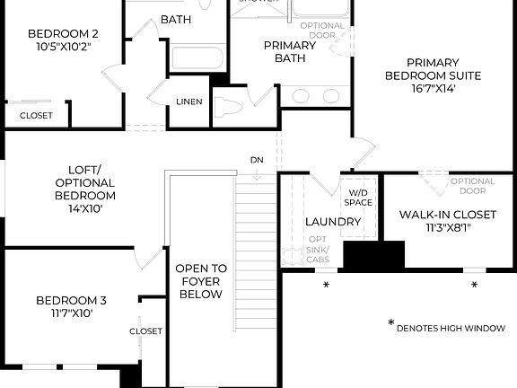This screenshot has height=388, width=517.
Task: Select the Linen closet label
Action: coord(188,101)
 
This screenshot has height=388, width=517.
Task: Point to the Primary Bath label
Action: coord(290,52)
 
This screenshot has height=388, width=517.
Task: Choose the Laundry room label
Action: coord(333,222)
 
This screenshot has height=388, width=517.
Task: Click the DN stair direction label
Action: coord(257,160)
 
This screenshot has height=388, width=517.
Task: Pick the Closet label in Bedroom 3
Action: coord(146,331)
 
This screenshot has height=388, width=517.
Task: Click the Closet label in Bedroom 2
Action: coord(36,116)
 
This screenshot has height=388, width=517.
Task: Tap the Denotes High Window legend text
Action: coord(451,328)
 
